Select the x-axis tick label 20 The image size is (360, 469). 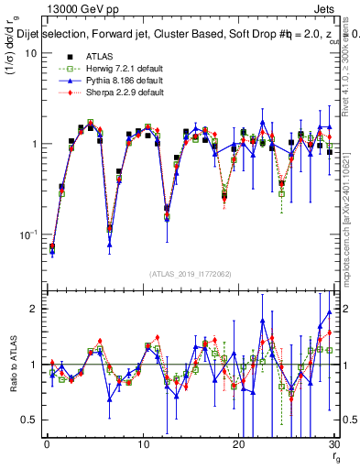tap(238, 444)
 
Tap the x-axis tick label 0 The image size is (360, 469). tap(46, 444)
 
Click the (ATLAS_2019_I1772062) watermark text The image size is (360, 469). tap(190, 274)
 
